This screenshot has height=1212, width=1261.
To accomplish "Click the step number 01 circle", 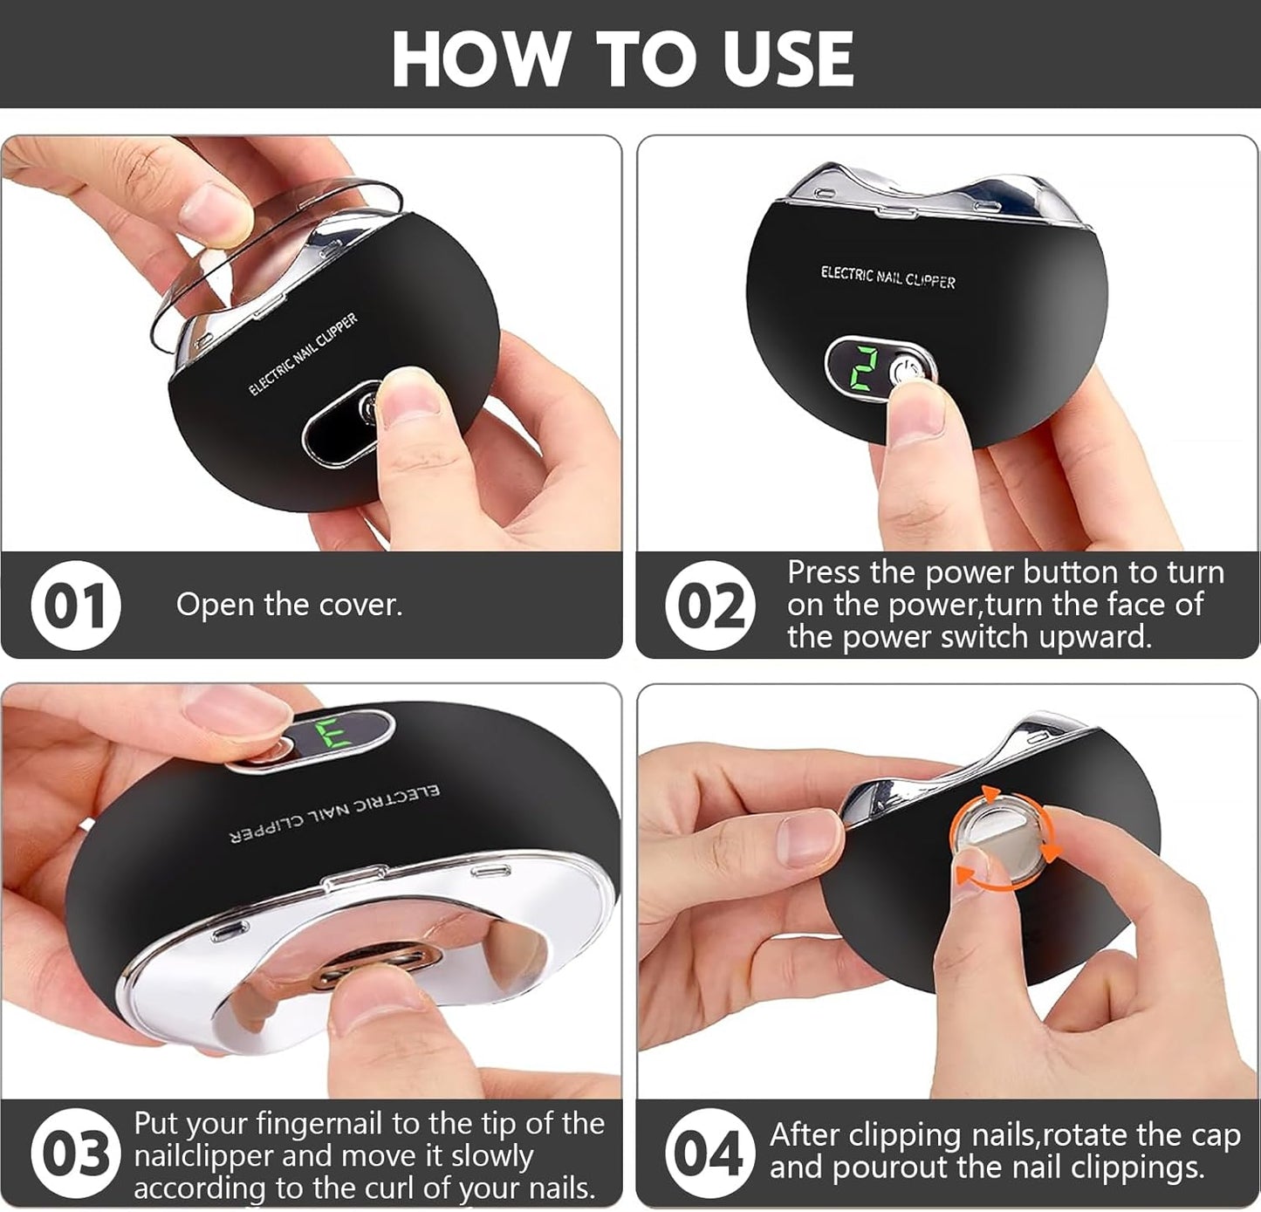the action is tap(76, 605).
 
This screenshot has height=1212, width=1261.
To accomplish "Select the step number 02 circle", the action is tap(710, 605).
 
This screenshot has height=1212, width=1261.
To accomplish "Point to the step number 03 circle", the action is tap(76, 1153).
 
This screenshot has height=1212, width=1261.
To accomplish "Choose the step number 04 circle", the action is tap(710, 1153).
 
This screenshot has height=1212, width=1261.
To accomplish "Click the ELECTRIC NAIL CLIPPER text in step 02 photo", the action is tap(887, 277).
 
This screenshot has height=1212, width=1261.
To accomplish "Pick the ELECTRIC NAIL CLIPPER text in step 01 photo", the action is tap(304, 353).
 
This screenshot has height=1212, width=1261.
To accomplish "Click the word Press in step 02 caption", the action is tap(824, 572).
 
